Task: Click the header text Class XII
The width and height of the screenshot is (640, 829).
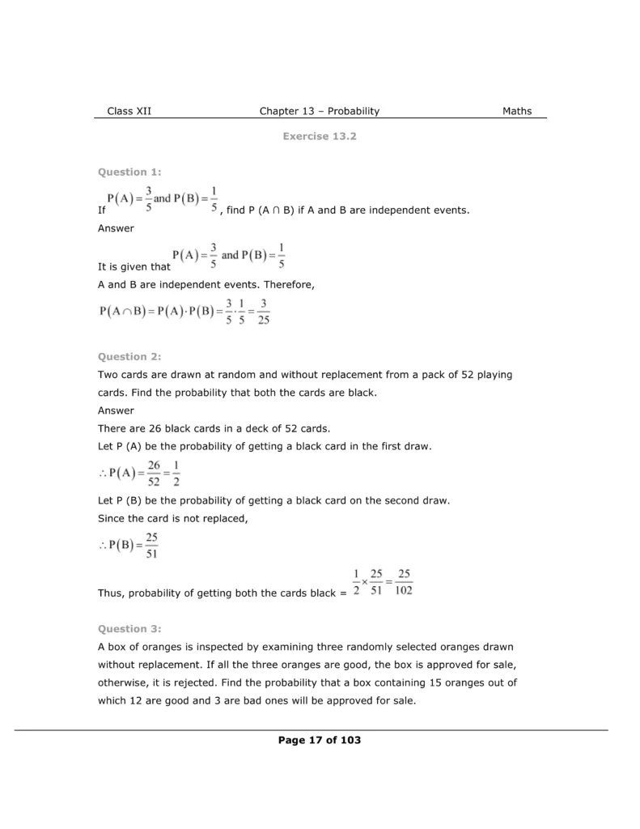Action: [129, 111]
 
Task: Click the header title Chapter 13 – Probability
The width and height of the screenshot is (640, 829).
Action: [320, 111]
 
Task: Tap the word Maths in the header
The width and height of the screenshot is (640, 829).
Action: [517, 111]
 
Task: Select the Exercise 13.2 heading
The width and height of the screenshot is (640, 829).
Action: [320, 136]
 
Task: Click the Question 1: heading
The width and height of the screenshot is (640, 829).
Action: [129, 172]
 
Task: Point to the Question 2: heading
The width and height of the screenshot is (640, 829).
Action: [129, 356]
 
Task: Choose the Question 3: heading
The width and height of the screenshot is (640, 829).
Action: [129, 628]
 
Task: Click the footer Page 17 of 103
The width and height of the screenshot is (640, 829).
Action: [320, 740]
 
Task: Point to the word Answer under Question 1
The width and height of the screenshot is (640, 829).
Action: [116, 228]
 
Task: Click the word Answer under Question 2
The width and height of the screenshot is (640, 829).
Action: [116, 410]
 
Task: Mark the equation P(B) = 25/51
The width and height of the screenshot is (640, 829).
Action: [129, 546]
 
